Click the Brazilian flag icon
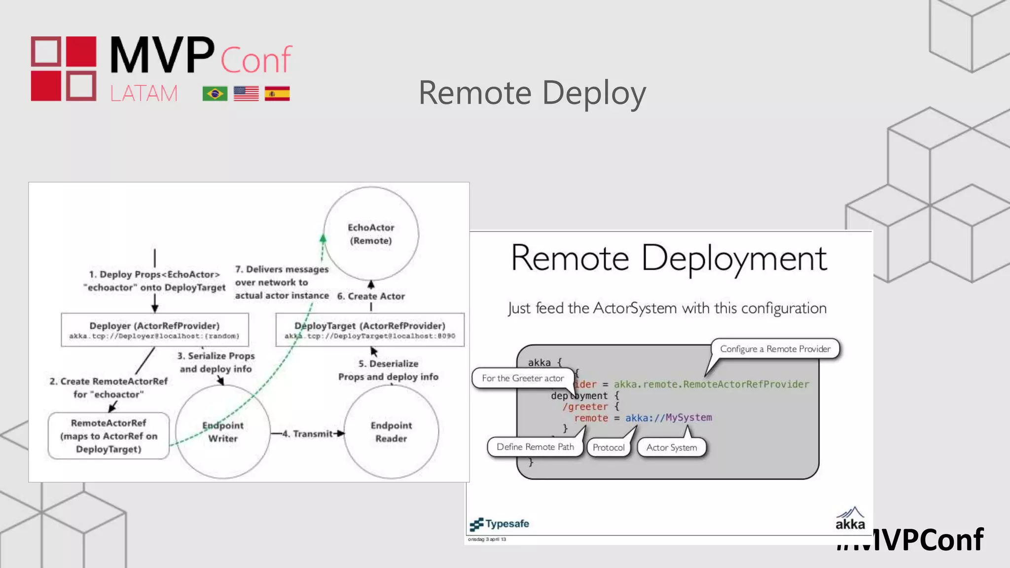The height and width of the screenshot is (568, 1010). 215,94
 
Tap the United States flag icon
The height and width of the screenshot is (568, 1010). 246,94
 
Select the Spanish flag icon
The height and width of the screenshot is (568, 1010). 277,94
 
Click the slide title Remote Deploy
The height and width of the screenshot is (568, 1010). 532,93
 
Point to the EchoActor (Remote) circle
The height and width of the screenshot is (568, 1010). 371,234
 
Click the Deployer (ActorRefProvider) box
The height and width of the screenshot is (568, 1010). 154,329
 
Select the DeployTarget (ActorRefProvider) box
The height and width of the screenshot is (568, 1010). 370,329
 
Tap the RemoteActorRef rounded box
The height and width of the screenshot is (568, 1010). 108,436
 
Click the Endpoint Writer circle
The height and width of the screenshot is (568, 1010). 223,432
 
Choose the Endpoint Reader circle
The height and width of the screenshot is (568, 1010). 391,432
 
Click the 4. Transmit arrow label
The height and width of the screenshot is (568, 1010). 312,433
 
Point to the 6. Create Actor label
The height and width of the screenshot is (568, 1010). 371,296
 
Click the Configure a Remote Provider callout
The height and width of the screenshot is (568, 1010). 775,349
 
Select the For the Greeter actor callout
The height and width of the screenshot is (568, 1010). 523,378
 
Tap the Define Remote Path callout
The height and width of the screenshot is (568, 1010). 535,447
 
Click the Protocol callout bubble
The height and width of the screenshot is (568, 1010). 608,447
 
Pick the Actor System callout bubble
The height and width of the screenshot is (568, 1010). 671,447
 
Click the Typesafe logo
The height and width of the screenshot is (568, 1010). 500,524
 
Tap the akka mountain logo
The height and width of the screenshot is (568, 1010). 850,519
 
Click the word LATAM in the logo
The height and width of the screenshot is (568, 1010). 144,93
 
